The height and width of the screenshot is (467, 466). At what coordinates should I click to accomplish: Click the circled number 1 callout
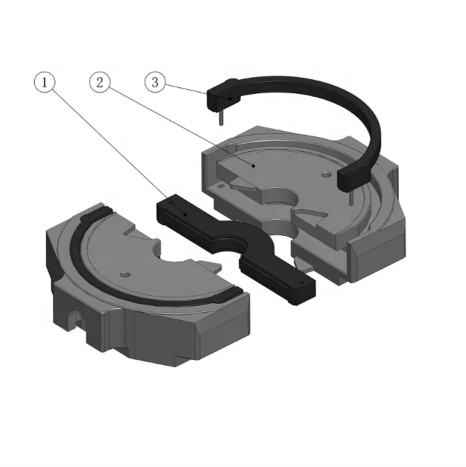(45, 83)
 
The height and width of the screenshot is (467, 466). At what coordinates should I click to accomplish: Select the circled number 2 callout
(99, 83)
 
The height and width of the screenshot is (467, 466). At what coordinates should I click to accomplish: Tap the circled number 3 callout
(155, 83)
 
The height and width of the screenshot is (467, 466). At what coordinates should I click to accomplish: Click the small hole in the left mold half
(124, 274)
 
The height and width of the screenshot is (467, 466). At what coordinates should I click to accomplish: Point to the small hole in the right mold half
(325, 174)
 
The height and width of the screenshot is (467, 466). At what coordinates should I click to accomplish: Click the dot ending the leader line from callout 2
(253, 164)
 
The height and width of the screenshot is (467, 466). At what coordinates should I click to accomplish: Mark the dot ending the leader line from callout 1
(185, 215)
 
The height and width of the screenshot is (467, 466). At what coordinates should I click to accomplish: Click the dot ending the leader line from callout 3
(231, 99)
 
